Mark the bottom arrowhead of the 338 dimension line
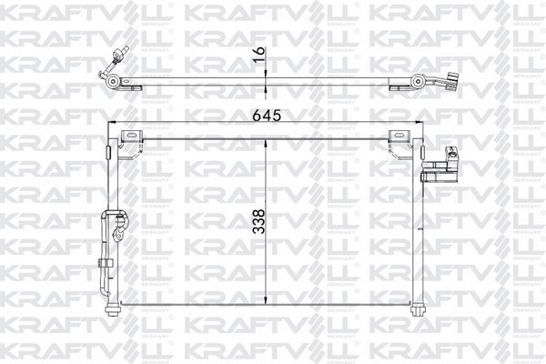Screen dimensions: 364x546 [265, 301]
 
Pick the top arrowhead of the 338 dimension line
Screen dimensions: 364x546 [265, 142]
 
